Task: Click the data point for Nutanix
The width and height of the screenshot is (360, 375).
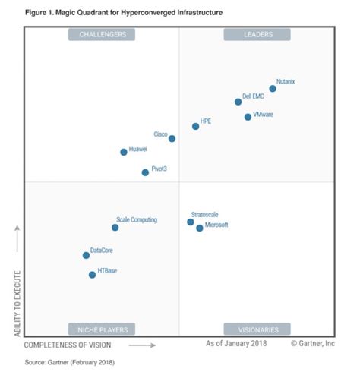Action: pos(273,89)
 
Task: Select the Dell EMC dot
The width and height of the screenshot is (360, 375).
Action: pos(238,102)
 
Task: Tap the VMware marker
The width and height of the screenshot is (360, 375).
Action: pos(248,117)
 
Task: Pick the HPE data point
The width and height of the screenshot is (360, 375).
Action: pos(195,126)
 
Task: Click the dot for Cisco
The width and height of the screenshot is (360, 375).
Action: pos(172,139)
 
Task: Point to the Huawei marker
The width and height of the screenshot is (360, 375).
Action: pos(124,152)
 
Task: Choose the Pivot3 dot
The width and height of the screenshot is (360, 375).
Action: pos(145,172)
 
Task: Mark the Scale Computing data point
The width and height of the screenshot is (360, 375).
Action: pos(115,227)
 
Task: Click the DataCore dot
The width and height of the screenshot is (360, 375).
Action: pos(86,255)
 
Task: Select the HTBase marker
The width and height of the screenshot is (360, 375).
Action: pos(93,275)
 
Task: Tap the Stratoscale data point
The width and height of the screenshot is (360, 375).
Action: pos(191,222)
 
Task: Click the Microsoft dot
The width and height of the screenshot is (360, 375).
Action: pos(200,228)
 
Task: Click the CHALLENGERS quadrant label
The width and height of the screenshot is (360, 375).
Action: pos(102,34)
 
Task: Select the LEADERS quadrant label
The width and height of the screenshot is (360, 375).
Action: pos(257,34)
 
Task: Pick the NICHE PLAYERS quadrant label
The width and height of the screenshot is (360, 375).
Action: pos(102,329)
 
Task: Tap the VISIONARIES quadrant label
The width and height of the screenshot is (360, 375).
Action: pos(257,329)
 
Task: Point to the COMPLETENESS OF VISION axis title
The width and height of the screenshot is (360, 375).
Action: pos(72,345)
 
